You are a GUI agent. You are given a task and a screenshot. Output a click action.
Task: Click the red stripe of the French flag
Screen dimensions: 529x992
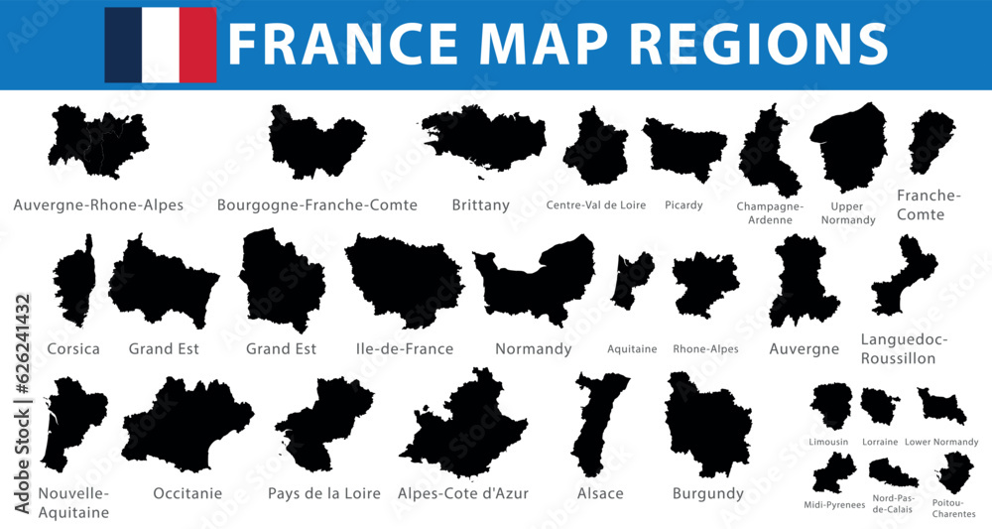click(197, 45)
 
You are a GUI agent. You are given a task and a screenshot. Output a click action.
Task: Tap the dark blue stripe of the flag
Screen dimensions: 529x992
click(123, 45)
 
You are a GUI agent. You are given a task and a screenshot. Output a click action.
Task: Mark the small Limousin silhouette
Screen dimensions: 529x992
click(830, 405)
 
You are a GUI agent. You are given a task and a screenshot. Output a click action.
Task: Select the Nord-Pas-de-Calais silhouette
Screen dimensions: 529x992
click(893, 472)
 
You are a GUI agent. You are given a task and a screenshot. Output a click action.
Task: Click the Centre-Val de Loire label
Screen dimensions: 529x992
click(595, 205)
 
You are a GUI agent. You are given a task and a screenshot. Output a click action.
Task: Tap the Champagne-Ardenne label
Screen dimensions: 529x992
click(770, 212)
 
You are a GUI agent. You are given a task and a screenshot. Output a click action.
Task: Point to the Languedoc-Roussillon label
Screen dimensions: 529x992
click(904, 348)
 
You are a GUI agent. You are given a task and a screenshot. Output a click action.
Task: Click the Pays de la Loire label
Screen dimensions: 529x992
click(324, 493)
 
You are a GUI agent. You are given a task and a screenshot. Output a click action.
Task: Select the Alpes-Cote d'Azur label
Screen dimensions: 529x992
click(462, 493)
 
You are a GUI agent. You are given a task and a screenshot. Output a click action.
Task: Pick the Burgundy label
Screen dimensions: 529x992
click(707, 493)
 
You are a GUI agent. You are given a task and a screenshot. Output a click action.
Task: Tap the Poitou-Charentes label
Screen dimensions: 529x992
click(954, 509)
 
